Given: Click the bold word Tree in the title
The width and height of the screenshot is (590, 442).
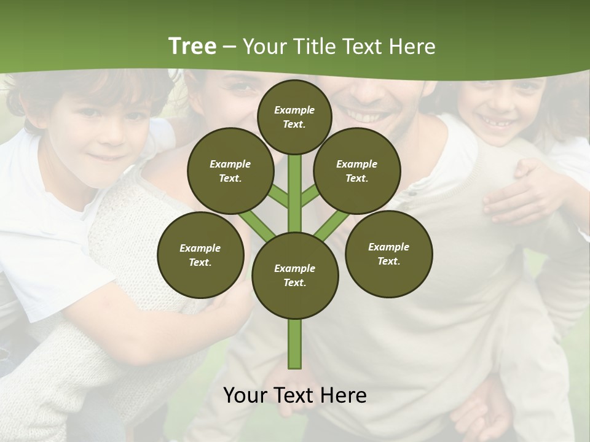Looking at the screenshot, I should [x=192, y=46].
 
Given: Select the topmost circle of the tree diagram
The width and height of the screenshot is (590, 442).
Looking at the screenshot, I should [x=294, y=117].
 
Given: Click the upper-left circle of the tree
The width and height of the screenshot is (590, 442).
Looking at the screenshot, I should [x=230, y=171].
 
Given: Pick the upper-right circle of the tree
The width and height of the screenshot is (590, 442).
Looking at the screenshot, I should [x=357, y=171].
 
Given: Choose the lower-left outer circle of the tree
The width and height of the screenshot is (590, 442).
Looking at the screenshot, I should [x=200, y=255].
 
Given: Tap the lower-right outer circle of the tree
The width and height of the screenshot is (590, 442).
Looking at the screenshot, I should [x=388, y=254].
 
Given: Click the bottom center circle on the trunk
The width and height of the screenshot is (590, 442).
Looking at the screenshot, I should [x=295, y=276].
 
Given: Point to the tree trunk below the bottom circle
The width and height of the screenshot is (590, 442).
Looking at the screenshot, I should [x=295, y=344].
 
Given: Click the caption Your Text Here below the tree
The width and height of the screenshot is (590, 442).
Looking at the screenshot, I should [x=295, y=395].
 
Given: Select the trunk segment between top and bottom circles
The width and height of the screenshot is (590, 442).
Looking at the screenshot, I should [x=295, y=193].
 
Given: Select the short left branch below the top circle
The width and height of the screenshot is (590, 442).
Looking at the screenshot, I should [x=278, y=195].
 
